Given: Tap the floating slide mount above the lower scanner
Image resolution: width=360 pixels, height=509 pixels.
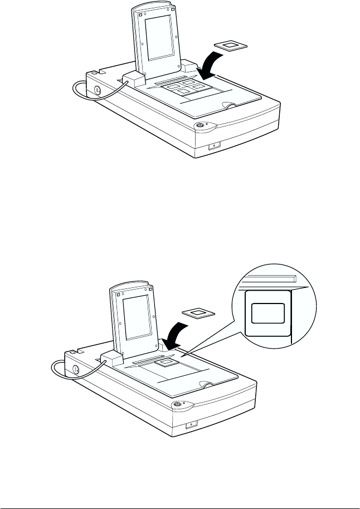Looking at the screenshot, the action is (196, 314).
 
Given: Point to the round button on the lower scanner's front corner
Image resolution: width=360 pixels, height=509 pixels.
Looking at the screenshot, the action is (177, 404).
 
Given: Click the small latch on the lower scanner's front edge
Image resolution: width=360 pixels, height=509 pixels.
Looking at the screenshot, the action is (190, 425).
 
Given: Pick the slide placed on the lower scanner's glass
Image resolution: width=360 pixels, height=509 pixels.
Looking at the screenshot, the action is (164, 364).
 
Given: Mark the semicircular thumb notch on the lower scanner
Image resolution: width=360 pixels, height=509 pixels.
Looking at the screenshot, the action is (207, 384).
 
